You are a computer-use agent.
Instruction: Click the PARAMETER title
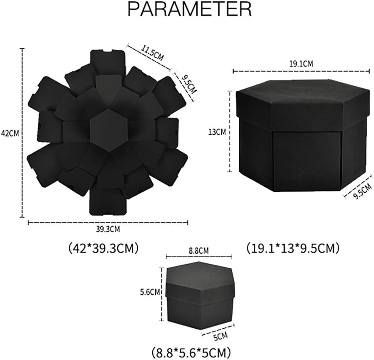[x=190, y=9]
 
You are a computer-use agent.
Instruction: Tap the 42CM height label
[x=10, y=133]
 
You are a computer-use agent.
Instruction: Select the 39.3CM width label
[x=108, y=229]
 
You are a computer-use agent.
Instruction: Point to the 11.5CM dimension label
[x=153, y=53]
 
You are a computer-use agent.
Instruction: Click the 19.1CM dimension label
[x=301, y=64]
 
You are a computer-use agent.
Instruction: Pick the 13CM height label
[x=217, y=132]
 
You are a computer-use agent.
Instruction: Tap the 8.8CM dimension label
[x=199, y=251]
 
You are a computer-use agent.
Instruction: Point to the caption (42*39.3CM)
[x=103, y=248]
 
